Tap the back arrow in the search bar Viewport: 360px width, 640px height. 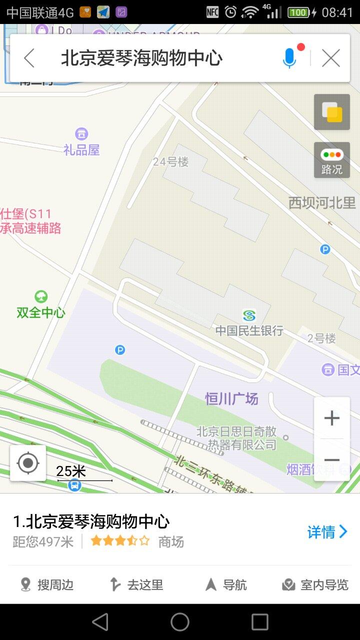(x=29, y=58)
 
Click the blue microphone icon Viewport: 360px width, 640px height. (x=289, y=58)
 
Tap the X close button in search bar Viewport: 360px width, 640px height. (x=331, y=58)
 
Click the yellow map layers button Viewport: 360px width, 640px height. (x=332, y=112)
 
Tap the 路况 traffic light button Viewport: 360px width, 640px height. (x=332, y=160)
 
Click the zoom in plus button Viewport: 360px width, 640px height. (x=332, y=418)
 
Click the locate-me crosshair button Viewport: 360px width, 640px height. (x=28, y=463)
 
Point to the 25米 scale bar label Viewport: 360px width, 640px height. (x=71, y=471)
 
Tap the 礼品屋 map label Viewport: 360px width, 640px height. (x=81, y=149)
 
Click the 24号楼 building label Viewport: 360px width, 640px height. (x=171, y=161)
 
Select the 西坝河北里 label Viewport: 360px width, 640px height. (x=322, y=203)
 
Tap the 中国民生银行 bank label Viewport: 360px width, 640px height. (x=249, y=330)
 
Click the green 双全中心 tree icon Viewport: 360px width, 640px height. (x=41, y=297)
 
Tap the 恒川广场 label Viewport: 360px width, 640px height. (x=231, y=398)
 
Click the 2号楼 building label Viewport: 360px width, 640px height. (x=321, y=338)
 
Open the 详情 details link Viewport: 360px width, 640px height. (x=327, y=532)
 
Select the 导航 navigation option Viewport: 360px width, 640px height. (x=226, y=584)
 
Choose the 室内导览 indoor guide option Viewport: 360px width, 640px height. (x=315, y=584)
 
